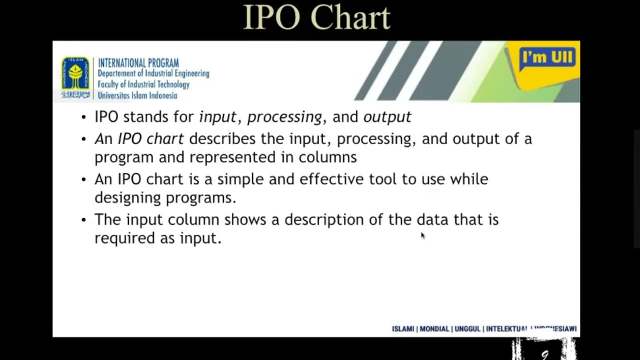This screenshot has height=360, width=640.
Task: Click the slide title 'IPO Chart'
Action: pyautogui.click(x=316, y=18)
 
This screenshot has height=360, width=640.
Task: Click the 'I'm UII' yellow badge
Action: pyautogui.click(x=548, y=59)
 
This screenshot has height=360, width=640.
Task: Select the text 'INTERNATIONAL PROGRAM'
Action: pyautogui.click(x=138, y=63)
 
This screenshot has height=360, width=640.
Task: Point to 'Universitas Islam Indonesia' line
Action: pyautogui.click(x=137, y=95)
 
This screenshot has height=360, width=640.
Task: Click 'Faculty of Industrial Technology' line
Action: pyautogui.click(x=143, y=84)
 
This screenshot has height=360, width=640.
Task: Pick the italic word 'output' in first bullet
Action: pyautogui.click(x=387, y=117)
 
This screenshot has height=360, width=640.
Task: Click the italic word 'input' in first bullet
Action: pyautogui.click(x=217, y=117)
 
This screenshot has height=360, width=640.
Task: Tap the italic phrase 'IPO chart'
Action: pyautogui.click(x=150, y=138)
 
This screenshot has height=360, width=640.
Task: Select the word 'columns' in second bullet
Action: pyautogui.click(x=327, y=157)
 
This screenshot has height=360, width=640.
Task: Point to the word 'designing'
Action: pyautogui.click(x=127, y=197)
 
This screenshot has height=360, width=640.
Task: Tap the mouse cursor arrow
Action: pyautogui.click(x=422, y=235)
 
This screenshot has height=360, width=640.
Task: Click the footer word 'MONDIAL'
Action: pyautogui.click(x=434, y=329)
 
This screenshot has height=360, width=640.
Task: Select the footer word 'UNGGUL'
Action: pyautogui.click(x=467, y=329)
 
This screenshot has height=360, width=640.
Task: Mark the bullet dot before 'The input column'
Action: pyautogui.click(x=83, y=220)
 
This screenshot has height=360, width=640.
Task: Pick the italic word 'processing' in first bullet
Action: pyautogui.click(x=284, y=117)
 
